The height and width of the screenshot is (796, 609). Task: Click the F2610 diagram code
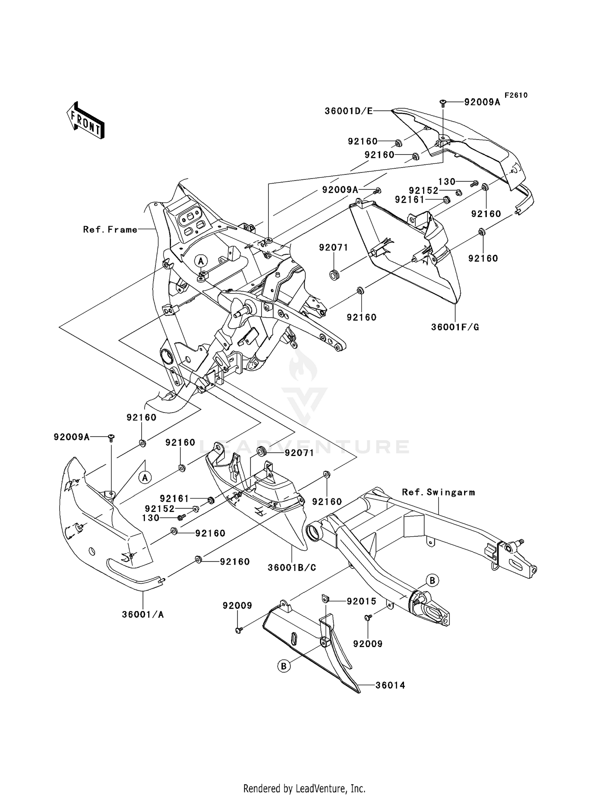click(516, 95)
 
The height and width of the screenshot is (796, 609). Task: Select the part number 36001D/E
click(348, 111)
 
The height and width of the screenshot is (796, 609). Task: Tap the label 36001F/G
click(455, 327)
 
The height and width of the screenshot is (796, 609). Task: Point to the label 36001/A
click(143, 615)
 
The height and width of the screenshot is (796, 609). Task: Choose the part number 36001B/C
click(292, 568)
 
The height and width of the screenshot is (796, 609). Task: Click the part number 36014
click(390, 685)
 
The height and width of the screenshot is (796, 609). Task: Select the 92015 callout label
click(361, 601)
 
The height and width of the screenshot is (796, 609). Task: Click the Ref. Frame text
click(110, 230)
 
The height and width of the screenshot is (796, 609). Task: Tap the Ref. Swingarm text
click(438, 492)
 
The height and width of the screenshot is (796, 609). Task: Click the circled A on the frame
click(201, 261)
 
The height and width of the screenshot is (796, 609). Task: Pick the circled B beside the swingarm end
click(432, 581)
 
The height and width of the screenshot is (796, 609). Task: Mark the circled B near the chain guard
click(284, 666)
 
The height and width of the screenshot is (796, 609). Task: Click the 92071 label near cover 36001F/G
click(333, 247)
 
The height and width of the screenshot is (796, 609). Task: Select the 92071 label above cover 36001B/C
click(299, 453)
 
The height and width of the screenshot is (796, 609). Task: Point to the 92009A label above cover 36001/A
click(71, 437)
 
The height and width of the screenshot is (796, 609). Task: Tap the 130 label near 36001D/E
click(447, 182)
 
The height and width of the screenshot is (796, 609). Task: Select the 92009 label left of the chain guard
click(237, 606)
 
